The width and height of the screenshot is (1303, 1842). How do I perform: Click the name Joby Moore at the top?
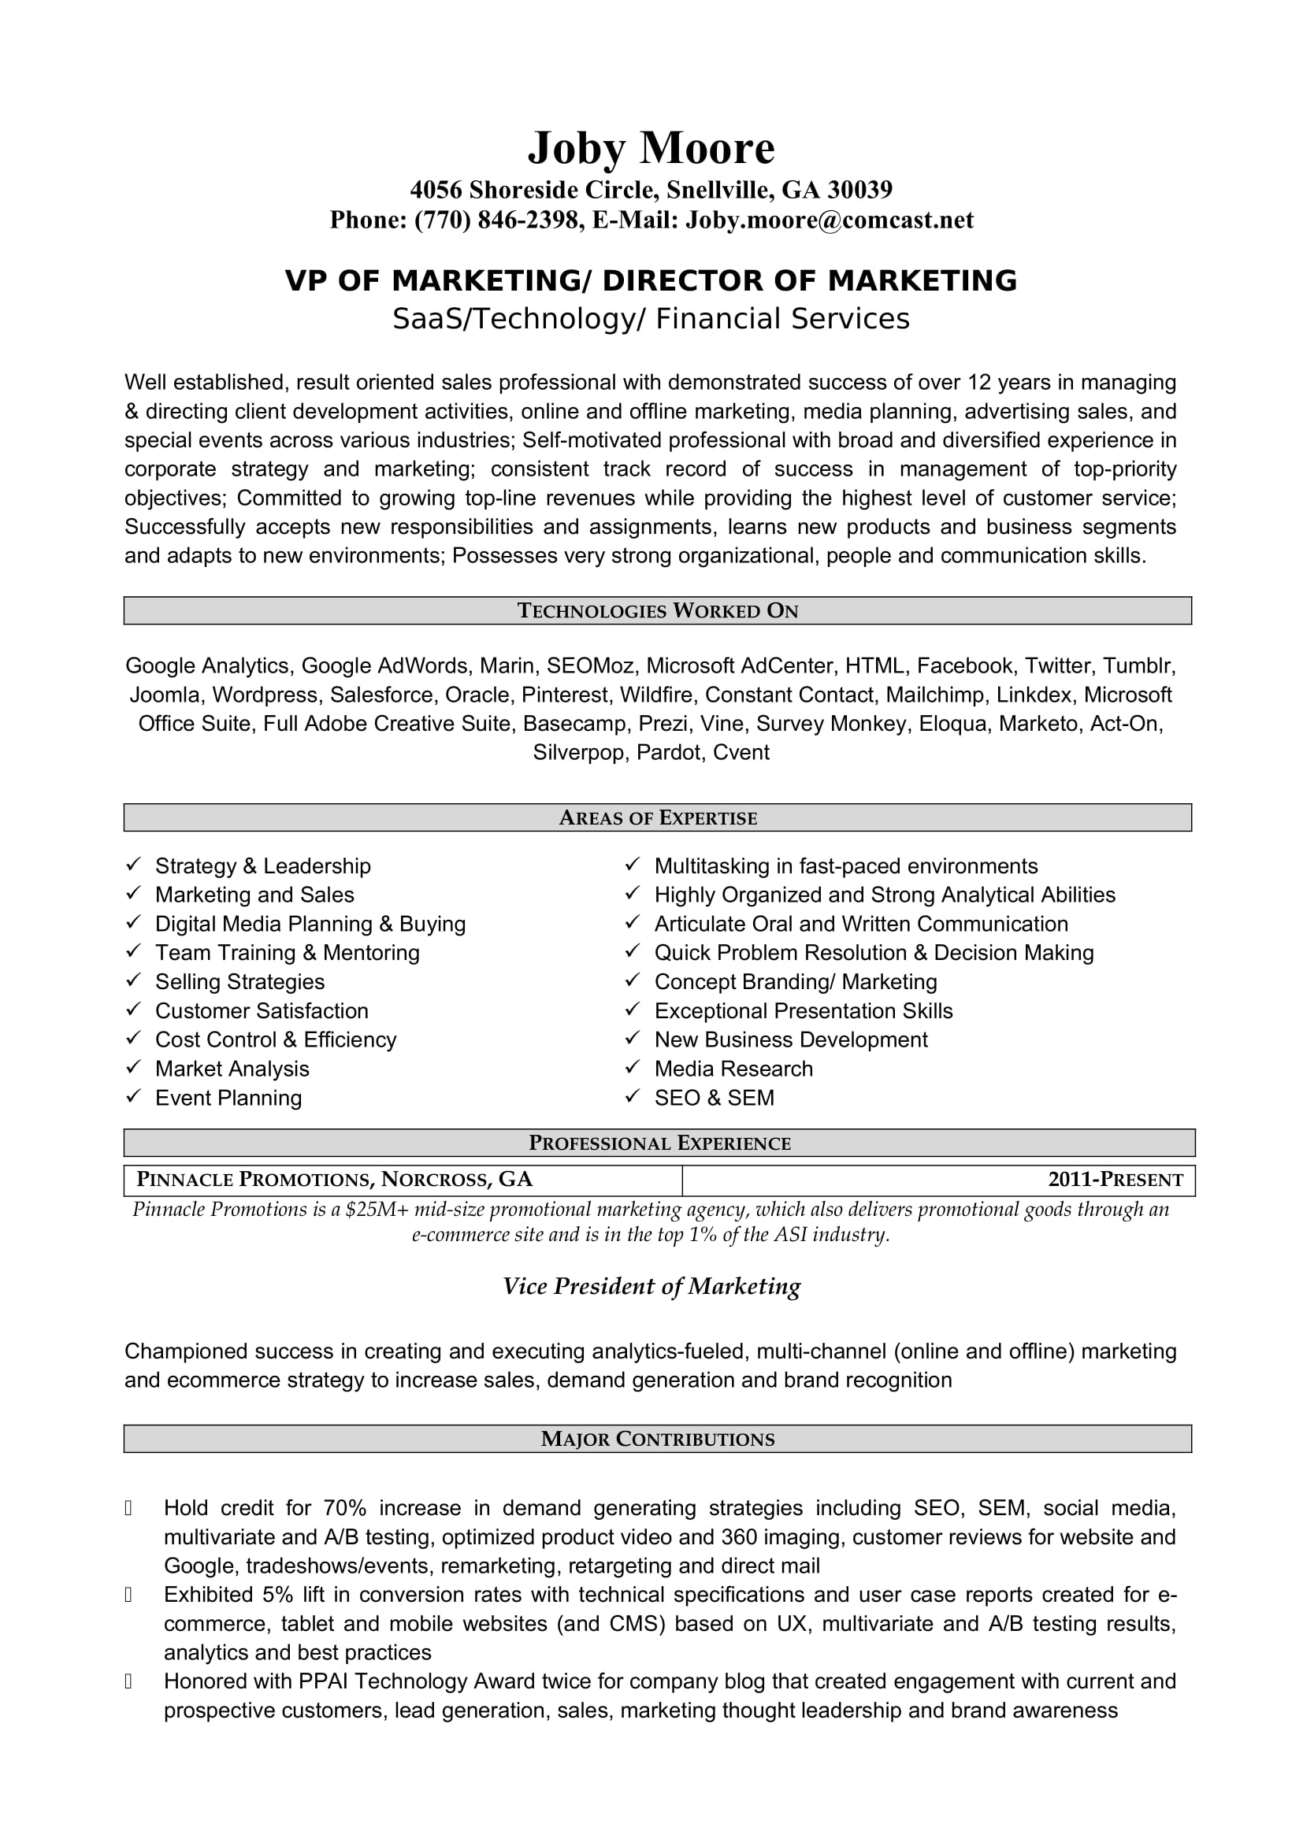(651, 147)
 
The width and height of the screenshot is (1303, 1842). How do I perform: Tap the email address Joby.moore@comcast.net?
(829, 220)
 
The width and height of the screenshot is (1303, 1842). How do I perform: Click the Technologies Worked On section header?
(657, 610)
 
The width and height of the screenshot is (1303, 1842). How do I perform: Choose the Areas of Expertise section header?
(657, 817)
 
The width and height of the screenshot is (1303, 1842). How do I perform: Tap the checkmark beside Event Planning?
(134, 1096)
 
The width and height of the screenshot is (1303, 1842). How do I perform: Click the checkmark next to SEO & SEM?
(633, 1096)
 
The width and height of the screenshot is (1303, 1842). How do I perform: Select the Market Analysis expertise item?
(232, 1069)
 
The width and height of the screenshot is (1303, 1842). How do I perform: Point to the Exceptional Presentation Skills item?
(803, 1011)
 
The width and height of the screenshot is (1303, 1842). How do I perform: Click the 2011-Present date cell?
(1115, 1180)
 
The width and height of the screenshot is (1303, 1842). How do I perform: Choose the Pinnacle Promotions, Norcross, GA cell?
(335, 1180)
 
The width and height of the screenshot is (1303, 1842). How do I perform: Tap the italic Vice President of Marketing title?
(651, 1286)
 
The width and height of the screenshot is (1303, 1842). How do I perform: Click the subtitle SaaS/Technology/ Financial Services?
(651, 318)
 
